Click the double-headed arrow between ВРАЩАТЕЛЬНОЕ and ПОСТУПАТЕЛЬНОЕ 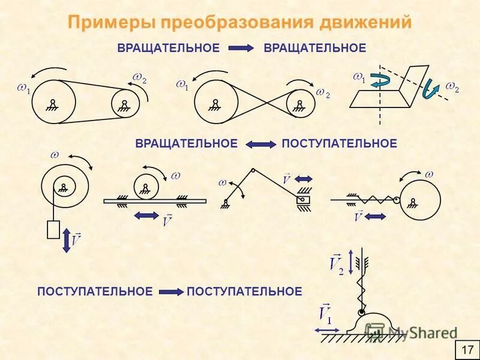click(x=260, y=144)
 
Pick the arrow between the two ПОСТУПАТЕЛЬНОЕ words click(x=170, y=292)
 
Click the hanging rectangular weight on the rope click(x=53, y=230)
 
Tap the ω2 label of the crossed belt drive click(x=323, y=93)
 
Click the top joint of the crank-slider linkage click(x=253, y=171)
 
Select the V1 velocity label click(x=326, y=313)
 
